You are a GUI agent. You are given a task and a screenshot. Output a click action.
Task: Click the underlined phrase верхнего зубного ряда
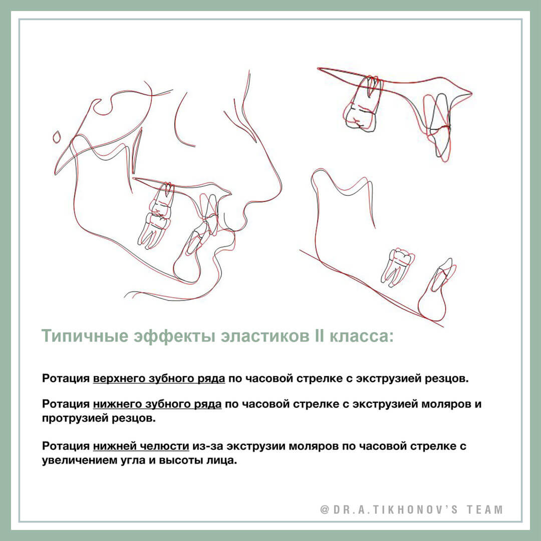pyautogui.click(x=159, y=379)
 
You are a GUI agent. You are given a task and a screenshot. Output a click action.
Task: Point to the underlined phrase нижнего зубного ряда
pyautogui.click(x=157, y=404)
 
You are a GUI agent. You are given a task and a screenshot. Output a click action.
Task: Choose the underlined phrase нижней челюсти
pyautogui.click(x=141, y=446)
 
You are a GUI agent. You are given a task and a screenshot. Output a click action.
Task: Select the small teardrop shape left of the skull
pyautogui.click(x=58, y=136)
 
